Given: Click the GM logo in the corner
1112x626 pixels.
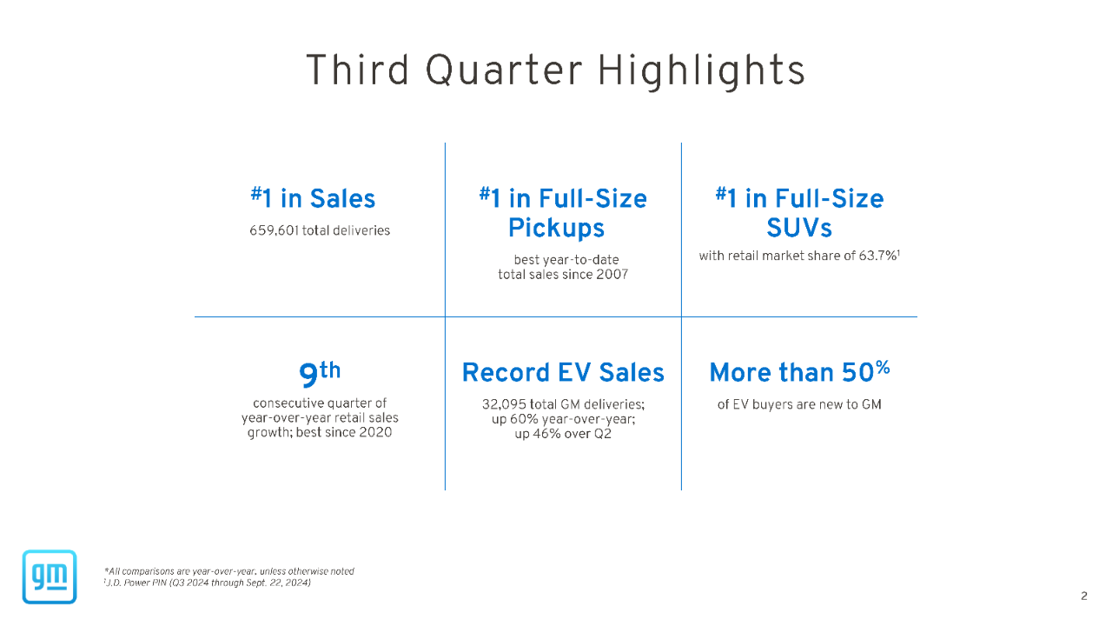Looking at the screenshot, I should click(50, 576).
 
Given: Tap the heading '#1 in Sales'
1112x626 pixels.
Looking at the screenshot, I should click(314, 199).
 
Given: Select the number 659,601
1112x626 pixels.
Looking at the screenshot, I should click(274, 230).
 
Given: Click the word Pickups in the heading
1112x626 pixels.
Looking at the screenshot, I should click(556, 228).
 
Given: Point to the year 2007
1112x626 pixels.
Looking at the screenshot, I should click(612, 275).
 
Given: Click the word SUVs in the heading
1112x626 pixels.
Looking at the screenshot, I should click(798, 228).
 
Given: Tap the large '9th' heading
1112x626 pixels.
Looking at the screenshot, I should click(319, 373).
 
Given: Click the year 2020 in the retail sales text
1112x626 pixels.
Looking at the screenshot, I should click(374, 432).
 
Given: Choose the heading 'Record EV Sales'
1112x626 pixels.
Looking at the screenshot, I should click(563, 373).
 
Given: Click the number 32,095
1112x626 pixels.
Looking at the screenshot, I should click(506, 404).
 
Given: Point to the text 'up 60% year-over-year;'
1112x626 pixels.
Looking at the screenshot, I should click(563, 419).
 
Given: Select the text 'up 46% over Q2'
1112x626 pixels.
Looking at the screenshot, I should click(563, 434).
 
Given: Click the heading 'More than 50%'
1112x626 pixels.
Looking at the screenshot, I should click(799, 372).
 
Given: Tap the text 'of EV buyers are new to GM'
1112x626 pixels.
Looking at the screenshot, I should click(799, 404).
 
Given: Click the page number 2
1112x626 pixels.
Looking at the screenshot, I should click(1083, 596).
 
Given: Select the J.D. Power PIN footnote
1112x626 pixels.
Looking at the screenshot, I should click(208, 583).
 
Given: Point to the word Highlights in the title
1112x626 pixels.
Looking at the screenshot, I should click(701, 70).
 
